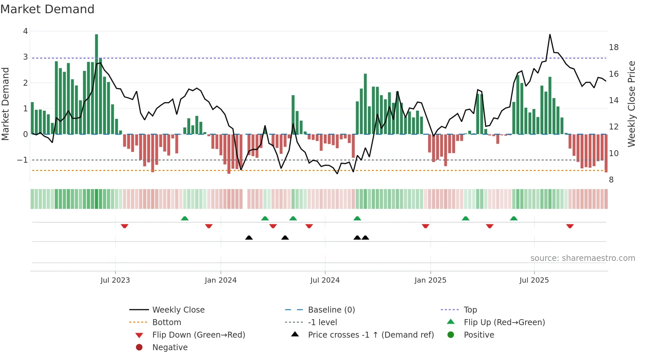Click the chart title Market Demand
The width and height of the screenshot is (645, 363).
(x=47, y=9)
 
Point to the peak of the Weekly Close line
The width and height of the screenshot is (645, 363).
(x=550, y=35)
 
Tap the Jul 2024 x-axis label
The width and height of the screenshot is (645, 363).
(x=325, y=280)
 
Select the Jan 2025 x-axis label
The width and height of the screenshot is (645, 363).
(x=430, y=280)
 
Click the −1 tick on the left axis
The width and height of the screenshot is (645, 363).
(x=23, y=160)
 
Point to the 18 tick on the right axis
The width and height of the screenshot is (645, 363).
(x=613, y=47)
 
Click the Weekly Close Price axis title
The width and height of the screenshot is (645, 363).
(x=631, y=104)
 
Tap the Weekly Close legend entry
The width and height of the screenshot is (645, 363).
(x=178, y=310)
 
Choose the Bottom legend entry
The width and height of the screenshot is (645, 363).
(x=167, y=322)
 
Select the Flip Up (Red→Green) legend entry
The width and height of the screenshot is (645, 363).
(x=504, y=322)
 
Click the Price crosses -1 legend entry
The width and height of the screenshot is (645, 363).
(x=371, y=335)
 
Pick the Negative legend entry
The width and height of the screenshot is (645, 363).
(x=170, y=347)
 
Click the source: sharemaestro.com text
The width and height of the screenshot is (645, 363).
(x=582, y=258)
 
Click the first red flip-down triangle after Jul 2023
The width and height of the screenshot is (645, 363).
(x=124, y=226)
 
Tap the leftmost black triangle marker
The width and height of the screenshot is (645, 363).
(x=249, y=237)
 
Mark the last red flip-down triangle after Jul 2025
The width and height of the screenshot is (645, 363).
(x=570, y=226)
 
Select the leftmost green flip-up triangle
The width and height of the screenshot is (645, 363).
(x=185, y=218)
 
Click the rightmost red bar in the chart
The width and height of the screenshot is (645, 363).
(x=606, y=153)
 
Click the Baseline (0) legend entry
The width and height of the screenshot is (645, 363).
(x=331, y=310)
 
